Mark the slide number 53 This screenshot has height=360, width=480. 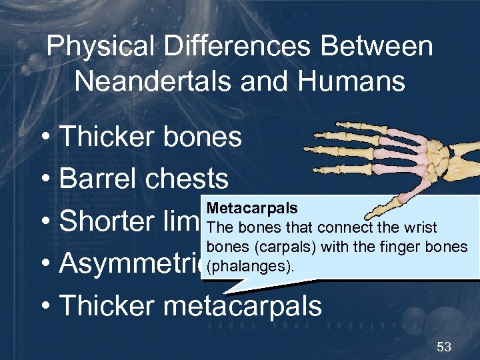443,346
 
